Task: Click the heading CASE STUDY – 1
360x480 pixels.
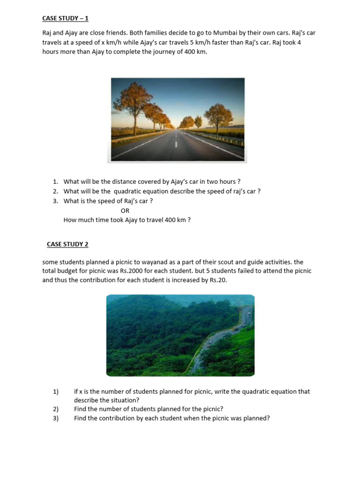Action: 65,18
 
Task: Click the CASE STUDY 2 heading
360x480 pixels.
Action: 67,244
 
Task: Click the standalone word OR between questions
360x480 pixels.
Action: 125,210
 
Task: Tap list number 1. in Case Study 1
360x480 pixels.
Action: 55,181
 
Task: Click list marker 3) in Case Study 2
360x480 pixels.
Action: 56,418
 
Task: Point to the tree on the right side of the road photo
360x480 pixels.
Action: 218,116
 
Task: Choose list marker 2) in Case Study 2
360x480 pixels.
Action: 56,409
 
